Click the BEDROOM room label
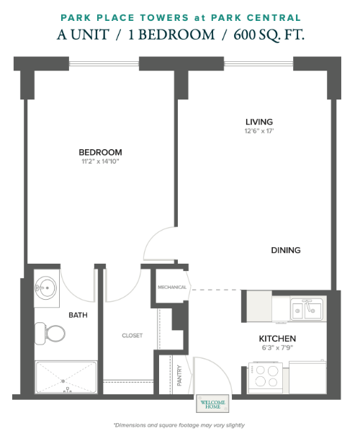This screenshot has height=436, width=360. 100,152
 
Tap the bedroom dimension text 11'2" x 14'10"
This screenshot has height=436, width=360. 100,161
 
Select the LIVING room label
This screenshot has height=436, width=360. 259,122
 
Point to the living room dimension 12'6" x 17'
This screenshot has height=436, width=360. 259,130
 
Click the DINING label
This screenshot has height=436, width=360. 286,250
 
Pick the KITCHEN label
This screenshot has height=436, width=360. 277,339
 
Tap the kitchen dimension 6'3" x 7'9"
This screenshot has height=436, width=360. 277,347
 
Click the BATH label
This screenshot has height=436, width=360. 78,315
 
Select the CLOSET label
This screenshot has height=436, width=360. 132,336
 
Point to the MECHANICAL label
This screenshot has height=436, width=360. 172,288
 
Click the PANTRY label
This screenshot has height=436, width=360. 179,375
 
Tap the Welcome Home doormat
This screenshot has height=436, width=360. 212,404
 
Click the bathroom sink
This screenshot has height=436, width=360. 47,288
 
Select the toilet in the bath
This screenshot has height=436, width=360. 50,334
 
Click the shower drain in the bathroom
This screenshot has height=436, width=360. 63,381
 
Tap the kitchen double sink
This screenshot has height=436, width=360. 307,309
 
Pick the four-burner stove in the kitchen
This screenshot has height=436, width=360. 266,378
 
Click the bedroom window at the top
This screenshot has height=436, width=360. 104,63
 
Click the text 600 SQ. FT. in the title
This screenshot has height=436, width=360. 269,35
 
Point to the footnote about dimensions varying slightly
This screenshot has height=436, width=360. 179,425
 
